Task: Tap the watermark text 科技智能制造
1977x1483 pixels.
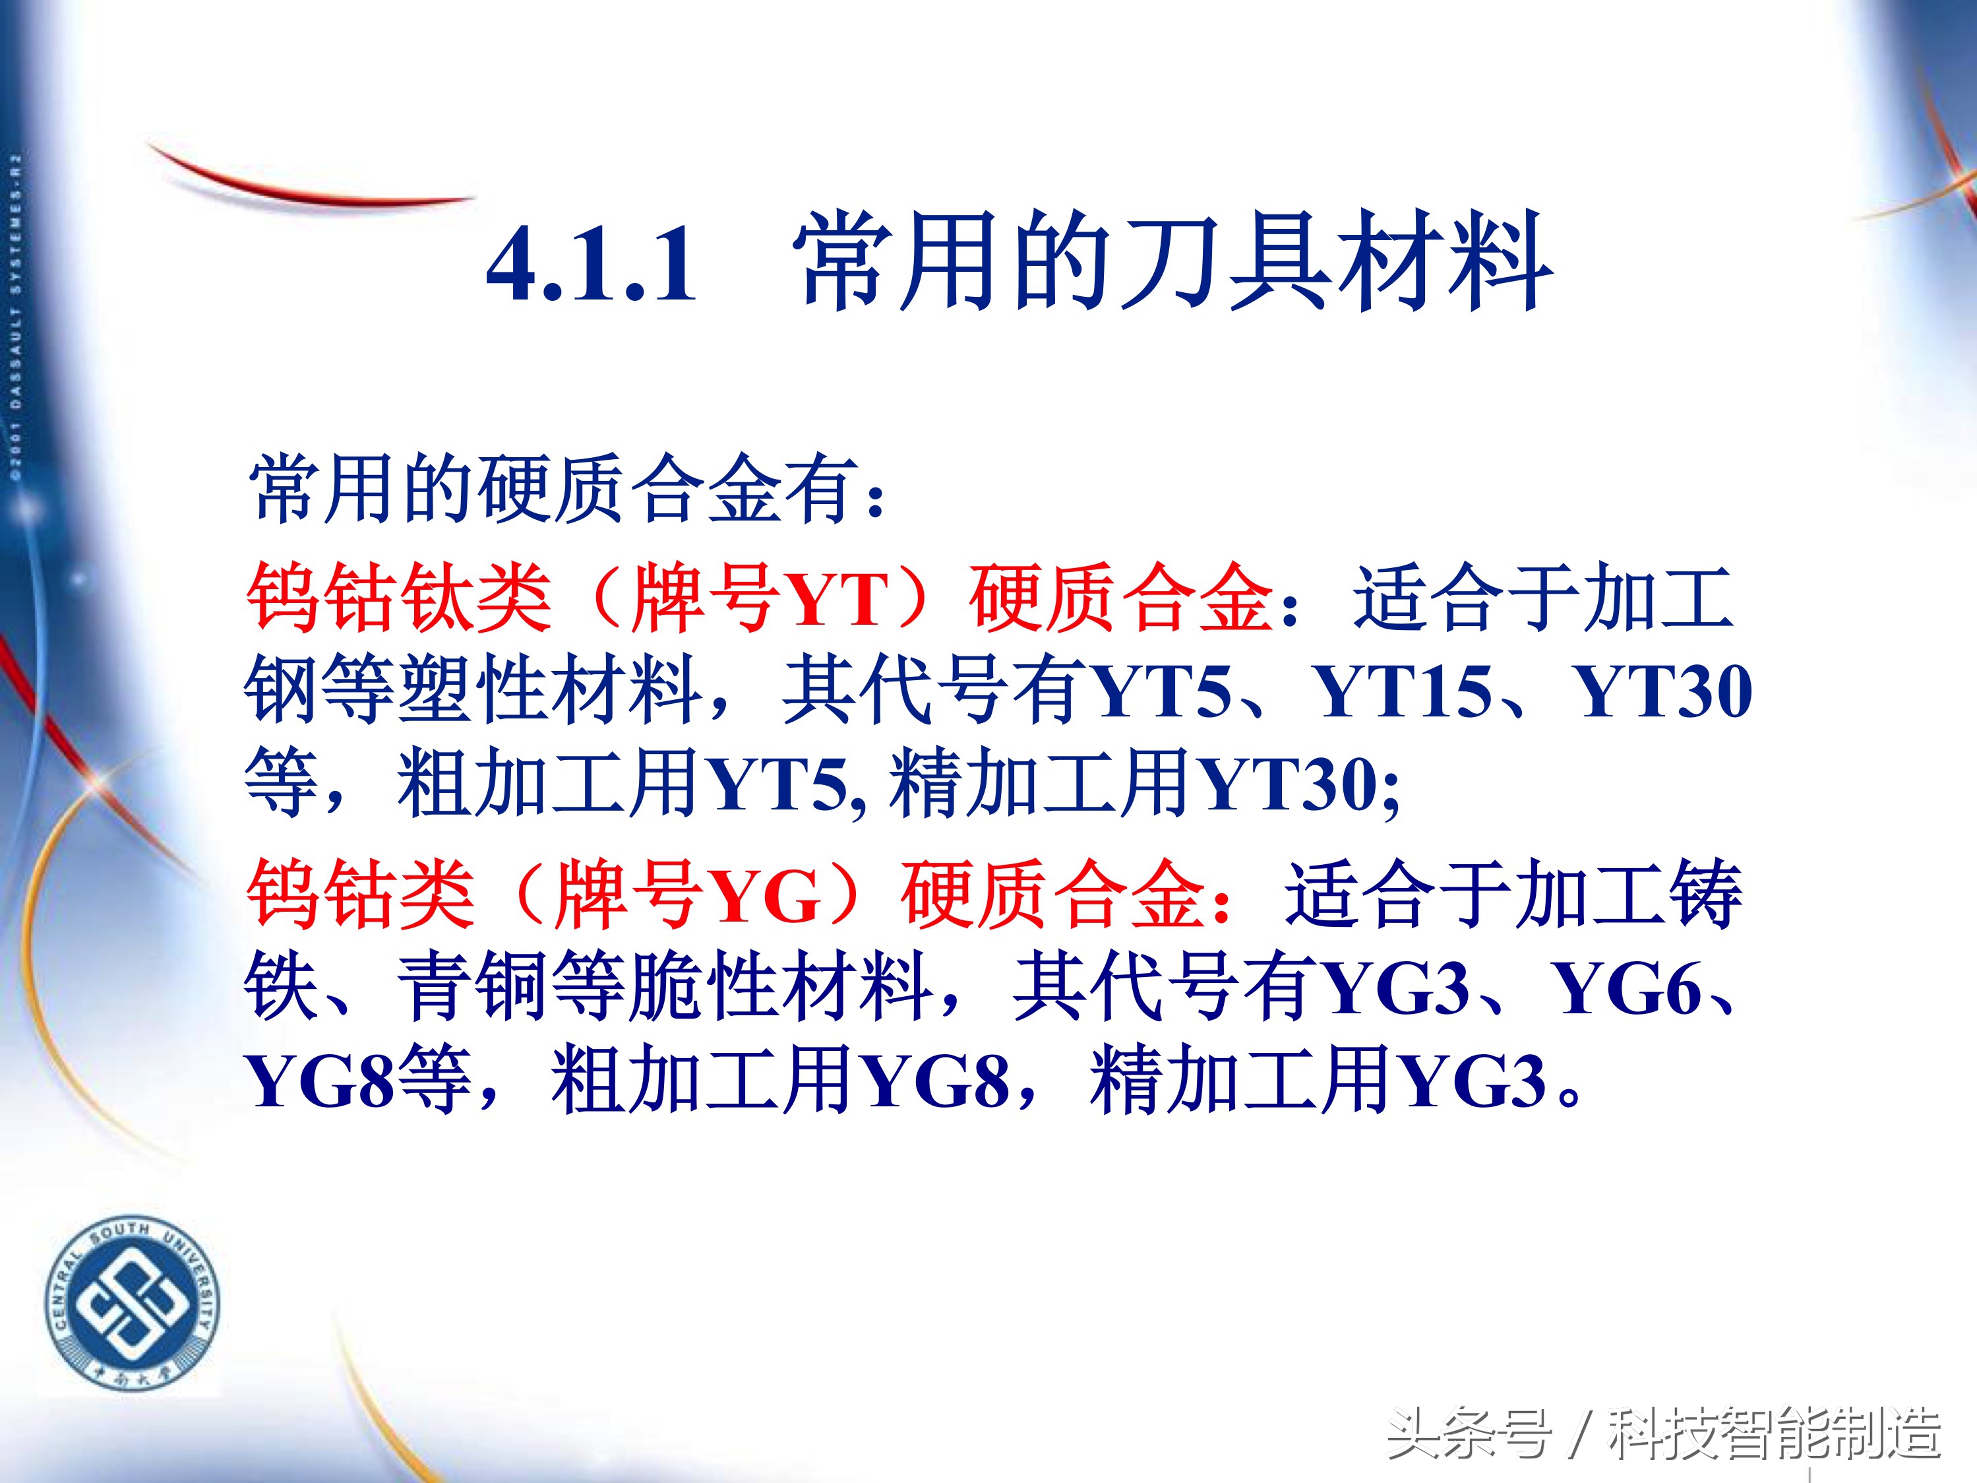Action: click(1774, 1435)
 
